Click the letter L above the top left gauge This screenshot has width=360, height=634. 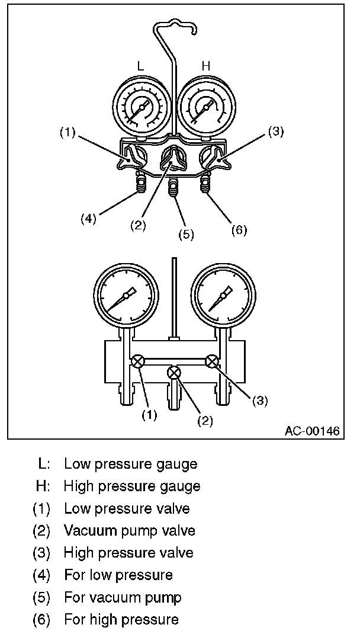click(141, 66)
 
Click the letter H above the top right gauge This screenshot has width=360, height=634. click(206, 66)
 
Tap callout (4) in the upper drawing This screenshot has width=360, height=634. click(88, 218)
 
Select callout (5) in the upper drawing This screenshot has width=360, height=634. click(186, 234)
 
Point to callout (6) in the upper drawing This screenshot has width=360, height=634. click(239, 230)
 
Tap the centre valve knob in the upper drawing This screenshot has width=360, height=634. click(173, 156)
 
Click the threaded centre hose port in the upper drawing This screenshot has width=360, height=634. click(173, 190)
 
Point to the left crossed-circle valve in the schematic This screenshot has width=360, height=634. click(137, 360)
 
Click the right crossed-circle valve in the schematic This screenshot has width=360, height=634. click(211, 360)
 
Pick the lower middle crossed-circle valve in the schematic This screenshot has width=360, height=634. click(174, 373)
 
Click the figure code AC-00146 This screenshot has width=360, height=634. click(312, 431)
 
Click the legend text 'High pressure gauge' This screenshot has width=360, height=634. click(132, 486)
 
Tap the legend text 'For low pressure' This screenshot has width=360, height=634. click(118, 575)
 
